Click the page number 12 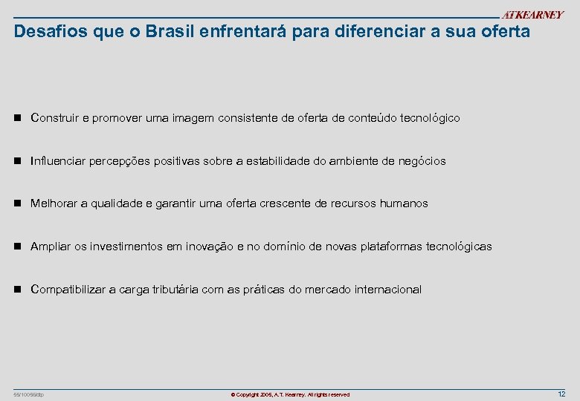(561, 394)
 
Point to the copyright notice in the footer (290, 394)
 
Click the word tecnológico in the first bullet (430, 118)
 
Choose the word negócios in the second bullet (422, 161)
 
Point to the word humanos (405, 203)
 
